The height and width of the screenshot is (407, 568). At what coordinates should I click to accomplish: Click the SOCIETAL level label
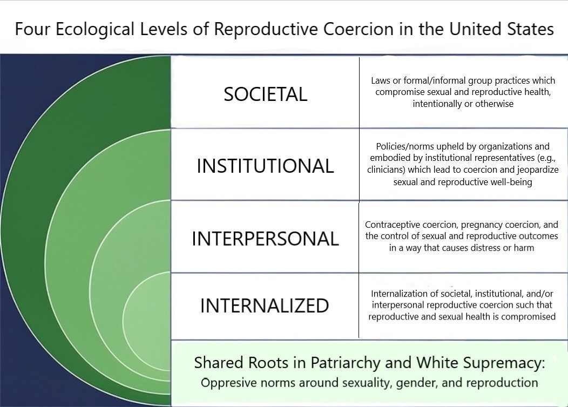pyautogui.click(x=265, y=94)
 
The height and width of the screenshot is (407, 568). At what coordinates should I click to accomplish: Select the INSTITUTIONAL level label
pyautogui.click(x=265, y=166)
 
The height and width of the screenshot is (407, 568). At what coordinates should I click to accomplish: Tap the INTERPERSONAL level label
pyautogui.click(x=265, y=239)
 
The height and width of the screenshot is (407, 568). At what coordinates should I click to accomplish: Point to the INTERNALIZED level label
pyautogui.click(x=265, y=306)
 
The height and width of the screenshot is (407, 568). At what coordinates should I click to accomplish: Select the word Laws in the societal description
pyautogui.click(x=381, y=80)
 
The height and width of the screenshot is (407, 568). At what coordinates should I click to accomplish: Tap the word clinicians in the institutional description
pyautogui.click(x=388, y=170)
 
